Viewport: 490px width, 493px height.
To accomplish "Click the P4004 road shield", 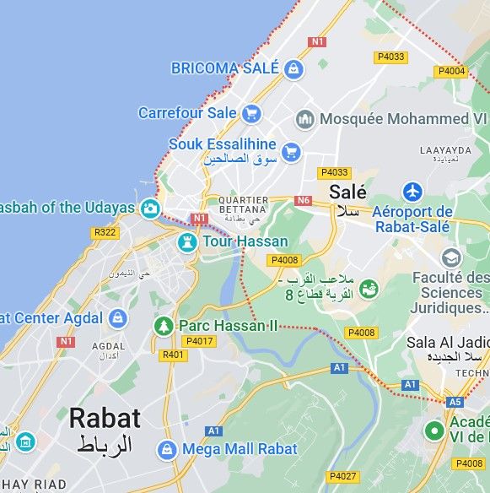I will click(x=451, y=71).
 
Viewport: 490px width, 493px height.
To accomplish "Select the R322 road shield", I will click(x=105, y=232).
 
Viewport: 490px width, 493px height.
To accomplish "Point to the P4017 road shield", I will click(x=199, y=341).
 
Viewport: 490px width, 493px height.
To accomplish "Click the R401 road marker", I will click(x=173, y=355).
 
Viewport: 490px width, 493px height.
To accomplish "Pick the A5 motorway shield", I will click(x=455, y=402).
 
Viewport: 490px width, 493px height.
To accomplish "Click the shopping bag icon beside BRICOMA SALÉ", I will click(x=293, y=68).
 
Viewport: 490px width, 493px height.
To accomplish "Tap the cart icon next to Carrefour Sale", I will click(x=250, y=113).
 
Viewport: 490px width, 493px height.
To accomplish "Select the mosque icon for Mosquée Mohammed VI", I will click(x=304, y=119).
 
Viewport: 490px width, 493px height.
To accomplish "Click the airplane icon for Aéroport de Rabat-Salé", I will click(x=412, y=191).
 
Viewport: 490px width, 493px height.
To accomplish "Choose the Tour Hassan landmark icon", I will click(x=186, y=242).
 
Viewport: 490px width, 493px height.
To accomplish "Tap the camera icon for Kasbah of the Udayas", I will click(x=150, y=208).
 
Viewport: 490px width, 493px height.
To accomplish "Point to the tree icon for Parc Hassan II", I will click(x=164, y=325).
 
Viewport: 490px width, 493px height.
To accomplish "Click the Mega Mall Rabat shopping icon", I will click(x=168, y=449).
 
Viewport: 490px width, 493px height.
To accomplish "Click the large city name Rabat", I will click(x=105, y=418).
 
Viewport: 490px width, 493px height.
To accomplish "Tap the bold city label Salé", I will click(x=347, y=192).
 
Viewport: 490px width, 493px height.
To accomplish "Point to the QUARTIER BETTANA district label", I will click(x=243, y=205).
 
